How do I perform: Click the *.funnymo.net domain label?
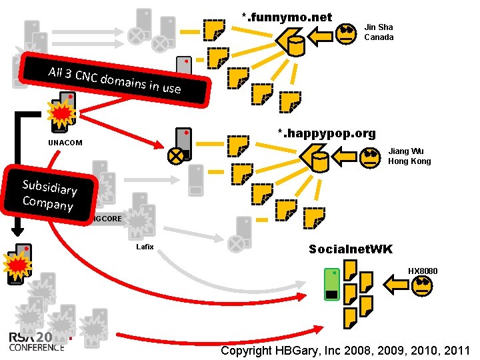[287, 17]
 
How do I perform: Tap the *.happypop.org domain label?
[327, 134]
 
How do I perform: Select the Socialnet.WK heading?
[351, 249]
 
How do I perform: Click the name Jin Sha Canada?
[379, 32]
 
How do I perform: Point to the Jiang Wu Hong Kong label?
[409, 156]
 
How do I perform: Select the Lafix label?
[145, 247]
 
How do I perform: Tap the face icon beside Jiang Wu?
[369, 157]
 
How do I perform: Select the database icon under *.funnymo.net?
[297, 45]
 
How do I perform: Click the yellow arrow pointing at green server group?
[397, 286]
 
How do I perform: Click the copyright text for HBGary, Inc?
[345, 351]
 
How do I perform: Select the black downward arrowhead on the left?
[19, 231]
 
